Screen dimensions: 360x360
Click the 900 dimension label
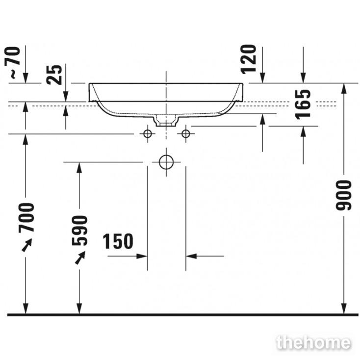tap(344, 195)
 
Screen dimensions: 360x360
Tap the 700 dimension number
tap(26, 218)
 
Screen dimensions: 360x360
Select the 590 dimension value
tap(79, 231)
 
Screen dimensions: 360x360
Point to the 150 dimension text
tap(118, 241)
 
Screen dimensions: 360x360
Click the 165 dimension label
tap(303, 104)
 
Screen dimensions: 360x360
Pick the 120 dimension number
tap(248, 59)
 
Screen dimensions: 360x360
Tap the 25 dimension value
tap(54, 75)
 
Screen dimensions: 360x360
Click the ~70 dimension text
tap(13, 62)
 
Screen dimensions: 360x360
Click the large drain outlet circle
tap(166, 162)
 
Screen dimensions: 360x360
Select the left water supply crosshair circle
tap(148, 133)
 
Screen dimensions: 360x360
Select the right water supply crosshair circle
tap(185, 133)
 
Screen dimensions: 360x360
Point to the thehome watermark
tap(313, 343)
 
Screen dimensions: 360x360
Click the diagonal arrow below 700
tap(27, 245)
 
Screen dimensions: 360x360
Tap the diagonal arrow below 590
tap(80, 258)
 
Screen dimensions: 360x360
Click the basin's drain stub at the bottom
tap(166, 121)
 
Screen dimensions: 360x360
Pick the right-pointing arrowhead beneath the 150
tap(142, 256)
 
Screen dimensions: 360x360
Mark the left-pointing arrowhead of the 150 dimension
tap(191, 256)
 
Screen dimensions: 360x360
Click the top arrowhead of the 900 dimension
tap(344, 89)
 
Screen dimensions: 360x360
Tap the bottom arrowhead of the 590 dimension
tap(79, 309)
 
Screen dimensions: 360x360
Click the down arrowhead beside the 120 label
tap(262, 77)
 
